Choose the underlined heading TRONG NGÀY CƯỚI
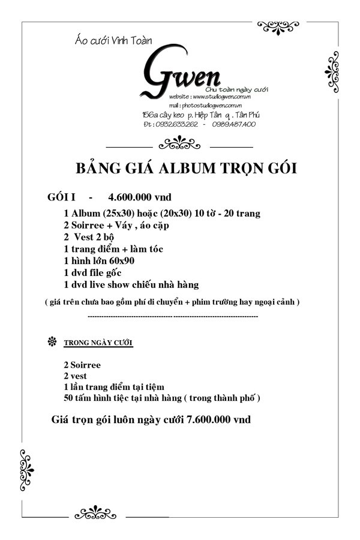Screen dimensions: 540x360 point(98,343)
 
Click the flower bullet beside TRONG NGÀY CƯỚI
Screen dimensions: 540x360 point(52,342)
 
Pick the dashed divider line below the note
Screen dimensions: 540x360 point(173,316)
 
